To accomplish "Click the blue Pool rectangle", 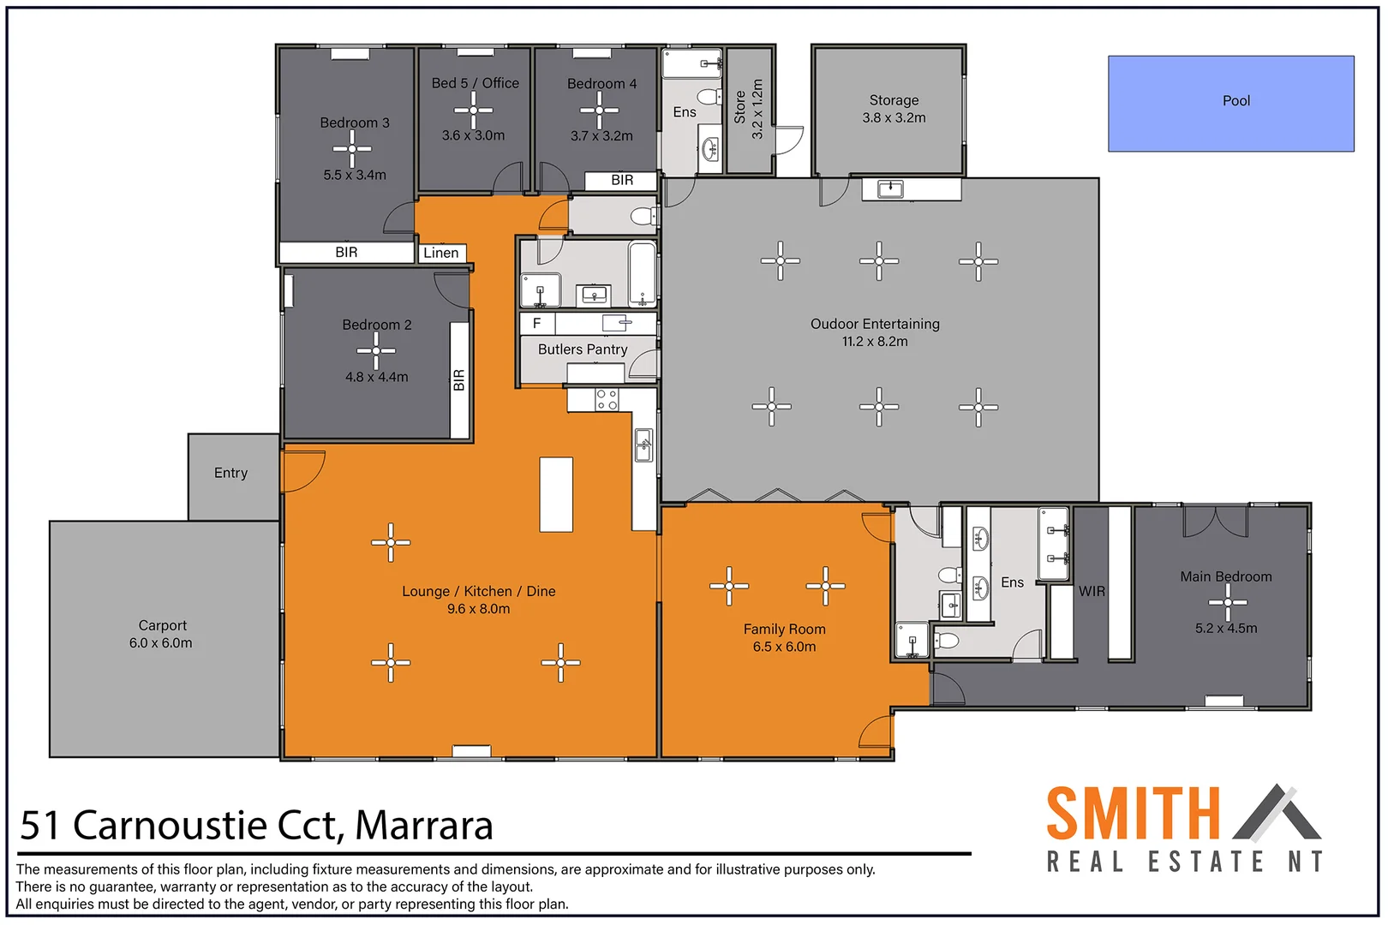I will (1230, 104).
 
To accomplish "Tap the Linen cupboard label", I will (441, 253).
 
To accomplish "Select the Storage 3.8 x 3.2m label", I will (894, 109).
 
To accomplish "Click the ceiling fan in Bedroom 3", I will (352, 149).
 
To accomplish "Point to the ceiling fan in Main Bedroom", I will (1228, 602).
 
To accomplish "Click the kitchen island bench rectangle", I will (556, 494).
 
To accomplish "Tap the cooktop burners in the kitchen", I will (607, 399).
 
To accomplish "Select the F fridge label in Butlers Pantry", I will (537, 323).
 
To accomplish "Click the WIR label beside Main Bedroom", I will (1092, 591).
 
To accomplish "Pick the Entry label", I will (230, 473).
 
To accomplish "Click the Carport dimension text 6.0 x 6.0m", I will (161, 643).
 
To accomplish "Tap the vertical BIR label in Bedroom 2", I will (459, 380).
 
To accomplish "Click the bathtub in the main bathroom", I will (642, 273).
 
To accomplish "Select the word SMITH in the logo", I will (1132, 814).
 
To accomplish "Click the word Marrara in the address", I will (424, 826).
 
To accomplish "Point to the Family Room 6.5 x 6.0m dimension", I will (784, 647).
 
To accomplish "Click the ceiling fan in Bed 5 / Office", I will (474, 110).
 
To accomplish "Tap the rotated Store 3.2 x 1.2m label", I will (749, 109).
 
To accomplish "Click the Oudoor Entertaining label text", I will (875, 324).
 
